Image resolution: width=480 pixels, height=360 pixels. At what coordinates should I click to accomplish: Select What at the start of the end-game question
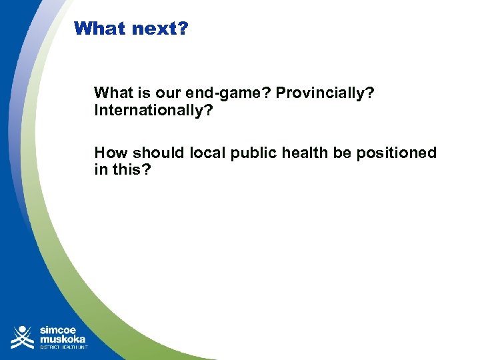click(x=112, y=93)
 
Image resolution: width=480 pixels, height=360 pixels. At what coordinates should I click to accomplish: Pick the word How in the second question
click(x=109, y=153)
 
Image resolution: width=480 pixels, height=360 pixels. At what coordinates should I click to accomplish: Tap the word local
click(x=209, y=153)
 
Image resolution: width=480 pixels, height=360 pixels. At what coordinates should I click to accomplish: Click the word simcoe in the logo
click(x=58, y=329)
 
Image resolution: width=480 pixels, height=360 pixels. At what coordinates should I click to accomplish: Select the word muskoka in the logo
click(x=63, y=339)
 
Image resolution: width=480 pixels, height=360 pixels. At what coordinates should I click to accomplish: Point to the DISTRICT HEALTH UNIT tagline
click(x=63, y=347)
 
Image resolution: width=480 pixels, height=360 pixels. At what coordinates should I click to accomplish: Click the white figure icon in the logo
click(x=23, y=337)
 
